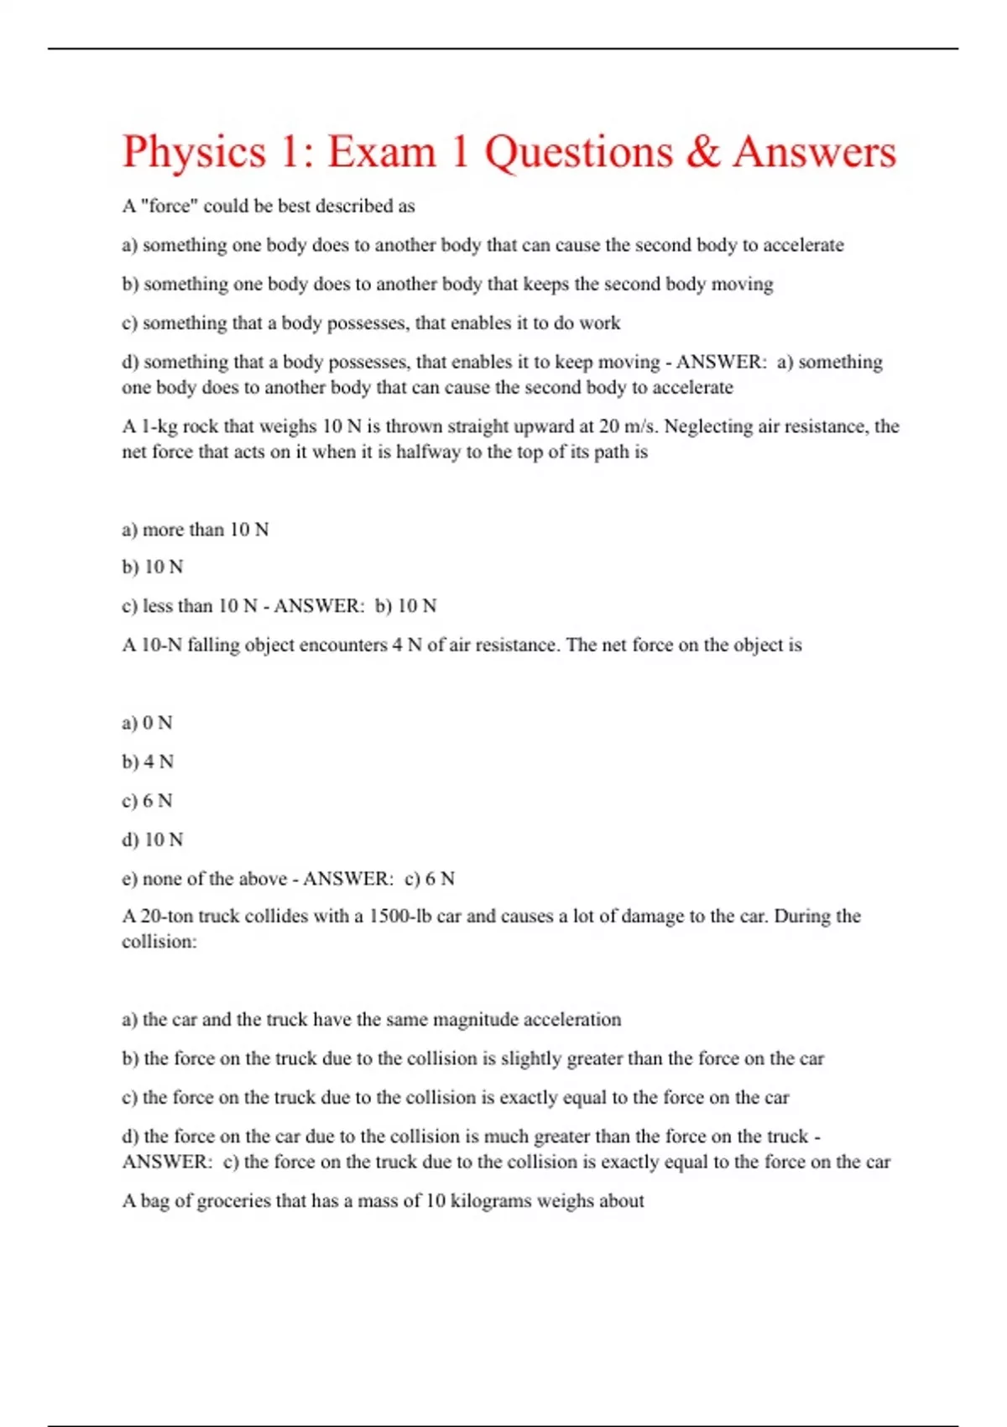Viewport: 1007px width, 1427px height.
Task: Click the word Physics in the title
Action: pyautogui.click(x=194, y=153)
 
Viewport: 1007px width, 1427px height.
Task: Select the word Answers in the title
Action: pyautogui.click(x=814, y=153)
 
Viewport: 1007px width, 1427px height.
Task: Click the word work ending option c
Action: pyautogui.click(x=599, y=323)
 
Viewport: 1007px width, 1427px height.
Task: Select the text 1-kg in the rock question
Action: pyautogui.click(x=159, y=426)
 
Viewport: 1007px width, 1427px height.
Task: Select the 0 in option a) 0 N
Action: pyautogui.click(x=149, y=723)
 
